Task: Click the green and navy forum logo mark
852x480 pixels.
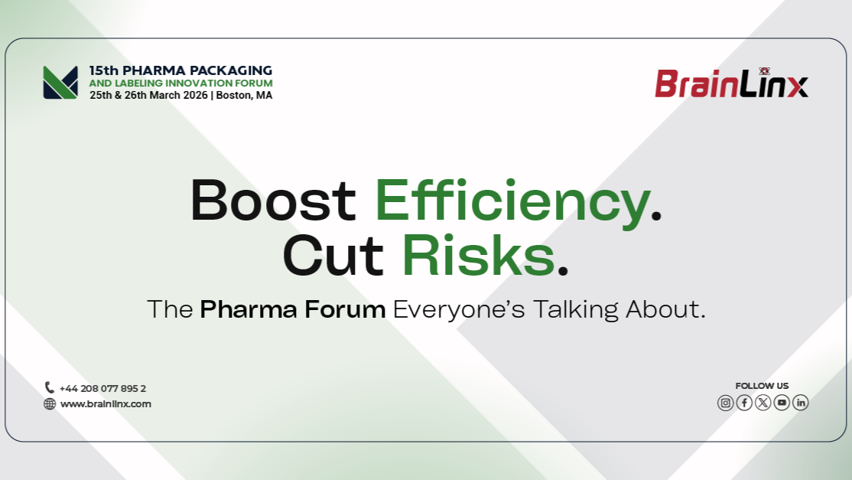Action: point(60,82)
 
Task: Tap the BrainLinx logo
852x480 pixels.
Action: point(731,83)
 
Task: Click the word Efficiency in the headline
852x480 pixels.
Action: point(512,202)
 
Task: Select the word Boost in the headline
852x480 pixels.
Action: point(273,200)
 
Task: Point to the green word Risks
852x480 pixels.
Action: point(478,254)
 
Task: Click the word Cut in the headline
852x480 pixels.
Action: point(333,256)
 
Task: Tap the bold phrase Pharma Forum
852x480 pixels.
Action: point(293,309)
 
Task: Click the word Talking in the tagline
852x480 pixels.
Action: point(575,310)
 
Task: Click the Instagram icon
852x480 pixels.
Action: point(725,403)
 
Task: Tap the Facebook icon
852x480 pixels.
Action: point(744,403)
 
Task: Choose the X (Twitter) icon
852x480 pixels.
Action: point(763,403)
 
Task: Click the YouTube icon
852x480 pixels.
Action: point(782,403)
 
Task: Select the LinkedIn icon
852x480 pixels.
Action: point(801,403)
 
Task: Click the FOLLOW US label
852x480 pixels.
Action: point(762,386)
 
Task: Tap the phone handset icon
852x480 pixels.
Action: point(50,387)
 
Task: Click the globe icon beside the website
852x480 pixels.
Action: point(50,404)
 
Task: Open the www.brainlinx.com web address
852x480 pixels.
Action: point(106,404)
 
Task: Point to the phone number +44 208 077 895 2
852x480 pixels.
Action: point(102,389)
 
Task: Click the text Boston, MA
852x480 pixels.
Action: point(244,96)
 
